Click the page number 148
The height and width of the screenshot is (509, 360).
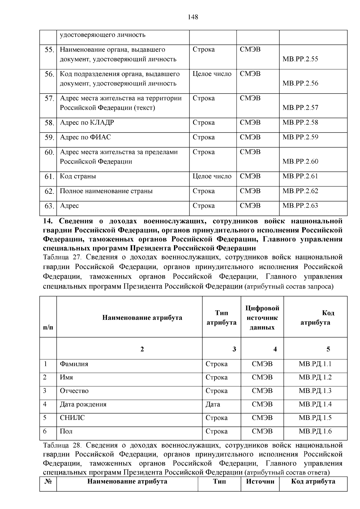(x=193, y=17)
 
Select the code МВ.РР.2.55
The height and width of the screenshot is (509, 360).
(x=300, y=59)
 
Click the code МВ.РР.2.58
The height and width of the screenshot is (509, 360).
(x=300, y=122)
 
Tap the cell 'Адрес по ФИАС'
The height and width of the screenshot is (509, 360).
(x=85, y=137)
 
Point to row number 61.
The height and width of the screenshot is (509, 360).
(x=49, y=177)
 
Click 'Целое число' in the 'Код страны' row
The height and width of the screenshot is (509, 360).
(x=212, y=176)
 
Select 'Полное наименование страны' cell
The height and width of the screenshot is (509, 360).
(x=106, y=191)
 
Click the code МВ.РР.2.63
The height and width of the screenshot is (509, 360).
(x=300, y=206)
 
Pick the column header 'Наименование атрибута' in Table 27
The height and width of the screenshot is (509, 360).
(x=142, y=318)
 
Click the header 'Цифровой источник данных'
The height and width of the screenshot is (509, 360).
(x=262, y=318)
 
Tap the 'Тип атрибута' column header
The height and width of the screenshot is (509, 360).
(x=221, y=318)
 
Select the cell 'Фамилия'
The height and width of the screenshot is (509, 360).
(x=74, y=364)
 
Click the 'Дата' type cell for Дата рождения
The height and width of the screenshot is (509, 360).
(x=213, y=404)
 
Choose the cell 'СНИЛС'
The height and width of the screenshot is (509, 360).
(x=73, y=418)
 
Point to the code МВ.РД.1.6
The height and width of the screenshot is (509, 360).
(x=315, y=431)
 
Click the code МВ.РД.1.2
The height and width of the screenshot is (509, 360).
(x=315, y=377)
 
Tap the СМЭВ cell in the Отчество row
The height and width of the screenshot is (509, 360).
(x=262, y=391)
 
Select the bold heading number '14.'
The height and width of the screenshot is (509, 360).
(x=48, y=221)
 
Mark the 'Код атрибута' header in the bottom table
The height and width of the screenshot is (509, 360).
(x=313, y=481)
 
